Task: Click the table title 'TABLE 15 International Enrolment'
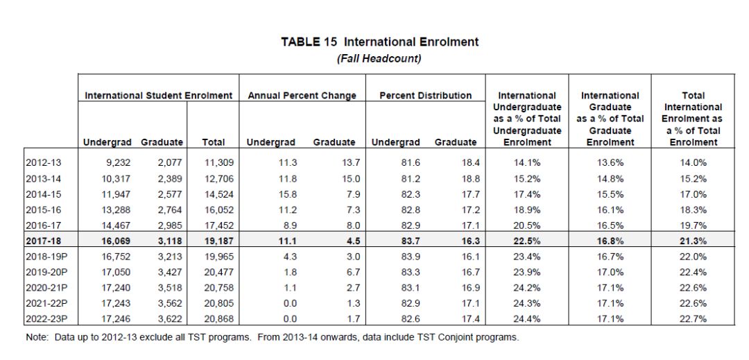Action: pos(379,42)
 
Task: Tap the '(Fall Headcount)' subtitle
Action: pos(379,58)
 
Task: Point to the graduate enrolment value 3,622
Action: pos(169,318)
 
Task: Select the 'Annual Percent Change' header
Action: pos(302,96)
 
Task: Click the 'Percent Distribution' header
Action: pos(426,96)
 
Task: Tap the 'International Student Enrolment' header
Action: pos(159,96)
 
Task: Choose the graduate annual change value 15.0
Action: pos(345,178)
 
